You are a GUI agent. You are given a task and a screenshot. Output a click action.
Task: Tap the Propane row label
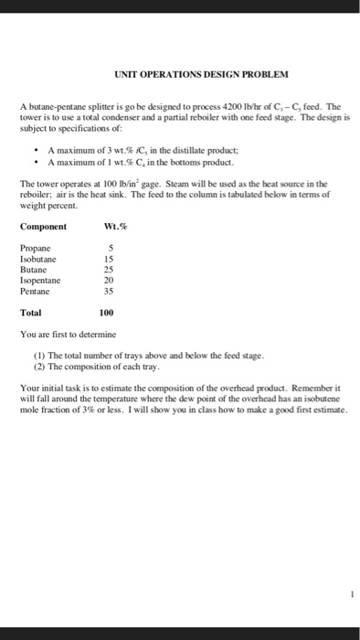pos(36,248)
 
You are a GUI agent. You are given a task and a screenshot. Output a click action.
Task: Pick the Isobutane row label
pos(39,257)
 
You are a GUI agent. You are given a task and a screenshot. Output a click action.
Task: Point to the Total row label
pos(32,312)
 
